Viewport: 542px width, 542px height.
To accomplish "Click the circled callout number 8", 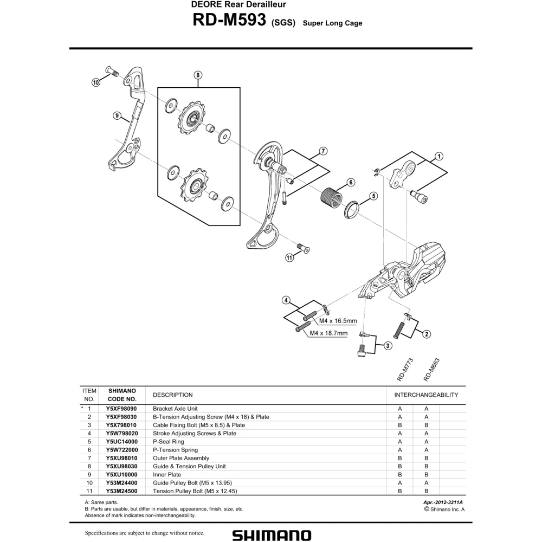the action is click(x=198, y=75).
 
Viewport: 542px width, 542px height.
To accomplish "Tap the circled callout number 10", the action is click(x=96, y=82).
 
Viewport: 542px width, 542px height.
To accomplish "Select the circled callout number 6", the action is click(x=351, y=182).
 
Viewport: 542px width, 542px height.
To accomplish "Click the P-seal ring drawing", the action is click(x=352, y=209).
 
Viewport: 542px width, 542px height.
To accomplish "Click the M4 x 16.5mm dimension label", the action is click(x=338, y=321).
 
